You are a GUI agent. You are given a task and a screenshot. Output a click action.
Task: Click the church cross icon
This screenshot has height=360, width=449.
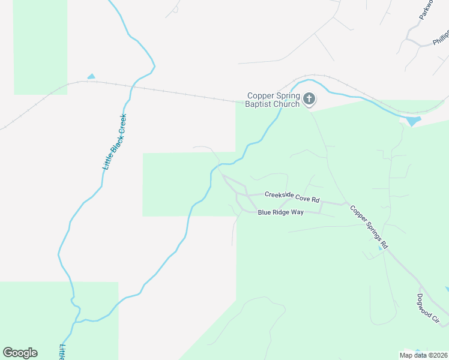pos(309,98)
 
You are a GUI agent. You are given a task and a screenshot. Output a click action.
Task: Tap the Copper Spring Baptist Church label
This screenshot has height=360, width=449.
pos(273,100)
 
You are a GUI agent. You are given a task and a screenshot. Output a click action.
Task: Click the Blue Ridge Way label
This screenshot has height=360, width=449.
pos(281,212)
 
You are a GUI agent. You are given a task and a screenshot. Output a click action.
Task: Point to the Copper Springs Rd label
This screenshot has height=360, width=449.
pos(370,228)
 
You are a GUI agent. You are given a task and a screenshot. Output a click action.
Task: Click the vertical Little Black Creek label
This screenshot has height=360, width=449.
pos(114,142)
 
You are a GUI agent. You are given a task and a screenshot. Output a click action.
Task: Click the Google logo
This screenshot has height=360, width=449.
pos(20,353)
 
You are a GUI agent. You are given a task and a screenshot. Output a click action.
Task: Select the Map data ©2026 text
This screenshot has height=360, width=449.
pos(423,355)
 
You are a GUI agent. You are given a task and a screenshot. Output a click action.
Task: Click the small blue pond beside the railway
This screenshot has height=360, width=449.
pos(91,76)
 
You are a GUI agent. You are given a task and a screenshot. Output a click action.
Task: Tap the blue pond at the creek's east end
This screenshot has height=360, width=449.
pos(413,121)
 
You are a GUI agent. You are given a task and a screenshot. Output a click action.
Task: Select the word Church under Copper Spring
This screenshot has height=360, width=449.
pos(287,104)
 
